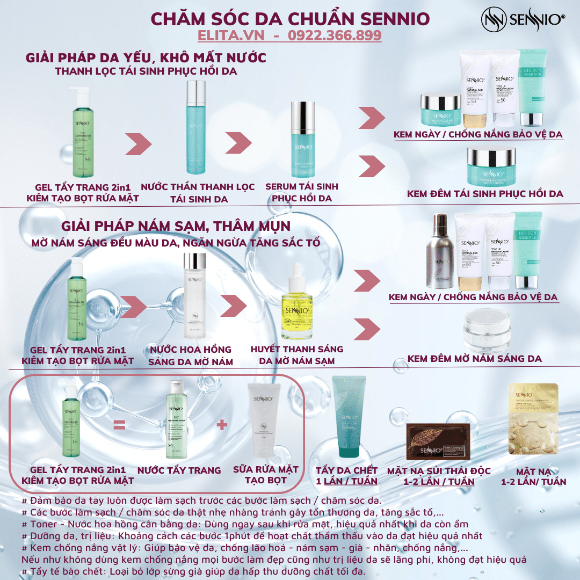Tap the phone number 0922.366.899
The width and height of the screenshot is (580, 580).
tap(335, 35)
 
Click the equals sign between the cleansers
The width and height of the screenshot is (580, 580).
tap(119, 425)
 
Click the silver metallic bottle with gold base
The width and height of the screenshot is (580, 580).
tap(440, 252)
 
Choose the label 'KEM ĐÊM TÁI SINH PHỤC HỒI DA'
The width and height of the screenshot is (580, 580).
tap(485, 194)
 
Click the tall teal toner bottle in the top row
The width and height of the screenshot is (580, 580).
tap(195, 129)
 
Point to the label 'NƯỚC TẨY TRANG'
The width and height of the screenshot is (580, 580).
tap(179, 470)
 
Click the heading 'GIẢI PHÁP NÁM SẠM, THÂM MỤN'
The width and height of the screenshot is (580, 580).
tap(176, 226)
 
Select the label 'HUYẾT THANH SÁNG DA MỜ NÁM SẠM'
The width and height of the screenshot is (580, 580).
tap(296, 355)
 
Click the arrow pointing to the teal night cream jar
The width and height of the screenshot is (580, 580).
tap(371, 165)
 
